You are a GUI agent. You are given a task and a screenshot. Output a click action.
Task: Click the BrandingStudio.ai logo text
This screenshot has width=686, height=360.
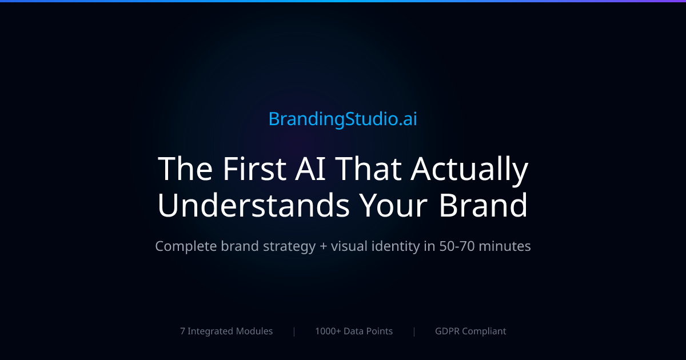pos(343,119)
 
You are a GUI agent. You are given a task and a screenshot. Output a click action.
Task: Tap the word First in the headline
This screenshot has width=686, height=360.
pos(253,169)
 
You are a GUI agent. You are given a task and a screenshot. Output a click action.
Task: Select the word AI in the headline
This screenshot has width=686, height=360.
pos(312,169)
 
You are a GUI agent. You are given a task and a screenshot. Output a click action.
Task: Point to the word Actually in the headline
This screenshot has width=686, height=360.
pos(470,169)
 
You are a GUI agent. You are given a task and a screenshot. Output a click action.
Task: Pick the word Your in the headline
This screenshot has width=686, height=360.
pos(394,206)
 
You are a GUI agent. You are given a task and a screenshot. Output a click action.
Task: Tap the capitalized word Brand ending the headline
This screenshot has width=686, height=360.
pos(484,206)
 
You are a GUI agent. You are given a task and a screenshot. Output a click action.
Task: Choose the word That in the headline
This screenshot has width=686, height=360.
pos(370,169)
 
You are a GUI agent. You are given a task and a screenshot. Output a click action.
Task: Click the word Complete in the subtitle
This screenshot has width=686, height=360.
pos(186,246)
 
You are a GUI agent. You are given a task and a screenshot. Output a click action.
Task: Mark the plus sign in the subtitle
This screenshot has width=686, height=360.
pos(324,247)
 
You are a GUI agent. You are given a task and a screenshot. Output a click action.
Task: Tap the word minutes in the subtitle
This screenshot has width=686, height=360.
pos(505,246)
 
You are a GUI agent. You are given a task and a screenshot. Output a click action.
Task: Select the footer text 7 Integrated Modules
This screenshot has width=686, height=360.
pos(226,331)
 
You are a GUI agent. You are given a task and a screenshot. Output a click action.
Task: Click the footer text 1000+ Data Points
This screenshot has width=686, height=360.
pos(354,331)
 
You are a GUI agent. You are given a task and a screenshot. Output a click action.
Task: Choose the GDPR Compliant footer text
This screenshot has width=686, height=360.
pos(470,331)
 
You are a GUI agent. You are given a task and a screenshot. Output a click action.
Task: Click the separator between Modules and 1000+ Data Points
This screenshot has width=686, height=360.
pos(294,331)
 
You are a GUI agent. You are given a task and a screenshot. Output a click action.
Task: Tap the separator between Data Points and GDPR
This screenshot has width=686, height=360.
pos(414,331)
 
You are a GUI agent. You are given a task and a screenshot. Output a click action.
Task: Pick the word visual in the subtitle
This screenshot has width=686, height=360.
pos(350,246)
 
